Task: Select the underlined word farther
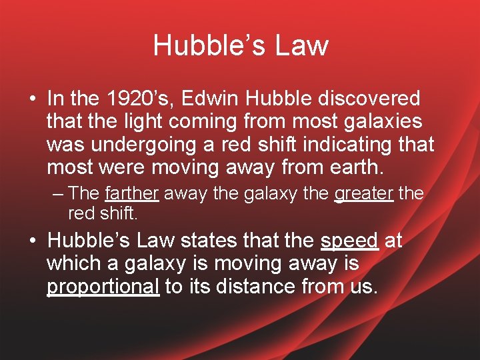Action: click(x=131, y=194)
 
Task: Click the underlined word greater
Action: click(x=364, y=194)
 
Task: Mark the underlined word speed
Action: click(x=349, y=240)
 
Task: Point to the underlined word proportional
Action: click(x=103, y=286)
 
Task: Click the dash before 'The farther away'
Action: click(x=58, y=194)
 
